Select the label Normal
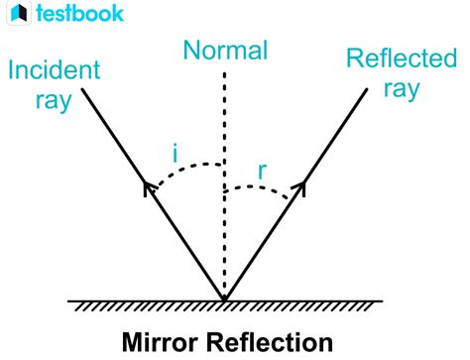225,50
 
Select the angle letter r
262,171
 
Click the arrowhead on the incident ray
150,186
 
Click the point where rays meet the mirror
224,298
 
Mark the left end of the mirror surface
69,299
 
